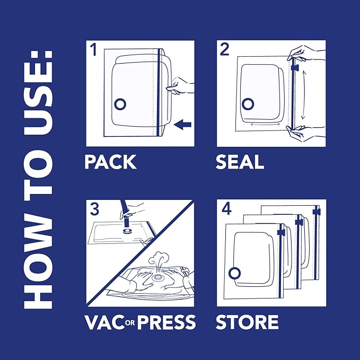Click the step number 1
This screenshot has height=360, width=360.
click(94, 51)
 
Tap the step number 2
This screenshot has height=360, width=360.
click(225, 51)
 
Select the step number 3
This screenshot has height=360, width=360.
click(94, 209)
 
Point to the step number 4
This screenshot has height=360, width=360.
click(226, 209)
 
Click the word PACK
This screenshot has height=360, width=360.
click(110, 162)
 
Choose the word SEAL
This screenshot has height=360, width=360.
click(240, 162)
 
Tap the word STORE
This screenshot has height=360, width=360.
click(247, 321)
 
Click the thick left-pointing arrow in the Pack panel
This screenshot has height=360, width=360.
click(183, 125)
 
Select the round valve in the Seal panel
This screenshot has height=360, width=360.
click(247, 102)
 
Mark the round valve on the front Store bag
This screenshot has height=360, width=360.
click(233, 273)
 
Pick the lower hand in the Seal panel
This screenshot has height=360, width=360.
click(305, 135)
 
